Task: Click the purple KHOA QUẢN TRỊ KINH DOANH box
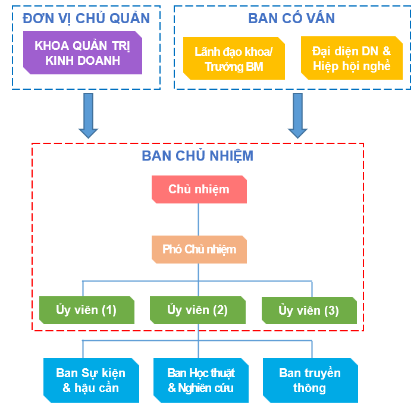[82, 53]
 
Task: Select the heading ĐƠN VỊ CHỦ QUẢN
[86, 18]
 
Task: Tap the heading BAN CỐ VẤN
[291, 18]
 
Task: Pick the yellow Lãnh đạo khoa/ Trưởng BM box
[234, 58]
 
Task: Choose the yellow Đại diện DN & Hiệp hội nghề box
[351, 58]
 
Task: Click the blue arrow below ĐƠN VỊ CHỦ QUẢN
[88, 115]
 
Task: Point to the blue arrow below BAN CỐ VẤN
[297, 115]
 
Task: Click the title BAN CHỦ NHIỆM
[197, 156]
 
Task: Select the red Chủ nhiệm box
[199, 190]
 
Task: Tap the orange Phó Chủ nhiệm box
[199, 250]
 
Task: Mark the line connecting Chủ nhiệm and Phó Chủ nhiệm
[199, 220]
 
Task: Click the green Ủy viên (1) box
[86, 310]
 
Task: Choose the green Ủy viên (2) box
[197, 310]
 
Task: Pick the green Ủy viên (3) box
[309, 311]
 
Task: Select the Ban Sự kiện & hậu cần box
[91, 381]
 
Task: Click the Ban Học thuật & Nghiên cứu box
[200, 381]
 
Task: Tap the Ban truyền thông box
[310, 381]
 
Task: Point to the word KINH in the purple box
[54, 61]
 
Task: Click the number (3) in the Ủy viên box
[332, 311]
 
